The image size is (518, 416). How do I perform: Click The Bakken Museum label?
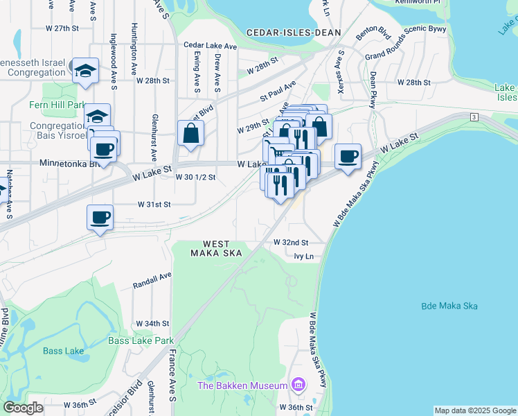(x=242, y=385)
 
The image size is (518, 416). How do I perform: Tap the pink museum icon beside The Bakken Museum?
(x=298, y=384)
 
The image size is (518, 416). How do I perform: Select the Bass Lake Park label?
(x=141, y=340)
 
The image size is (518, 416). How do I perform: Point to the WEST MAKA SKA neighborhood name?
(x=222, y=248)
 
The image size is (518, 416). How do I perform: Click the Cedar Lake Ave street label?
(x=211, y=46)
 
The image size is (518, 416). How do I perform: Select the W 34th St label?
(x=152, y=324)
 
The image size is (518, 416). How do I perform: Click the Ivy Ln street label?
(x=304, y=257)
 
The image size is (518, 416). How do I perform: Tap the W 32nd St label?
(x=290, y=243)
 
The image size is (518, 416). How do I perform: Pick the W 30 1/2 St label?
(x=196, y=177)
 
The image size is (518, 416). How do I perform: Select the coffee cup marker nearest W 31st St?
(x=100, y=218)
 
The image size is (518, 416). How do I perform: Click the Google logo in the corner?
(x=23, y=408)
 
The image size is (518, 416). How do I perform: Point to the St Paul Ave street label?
(x=278, y=91)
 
